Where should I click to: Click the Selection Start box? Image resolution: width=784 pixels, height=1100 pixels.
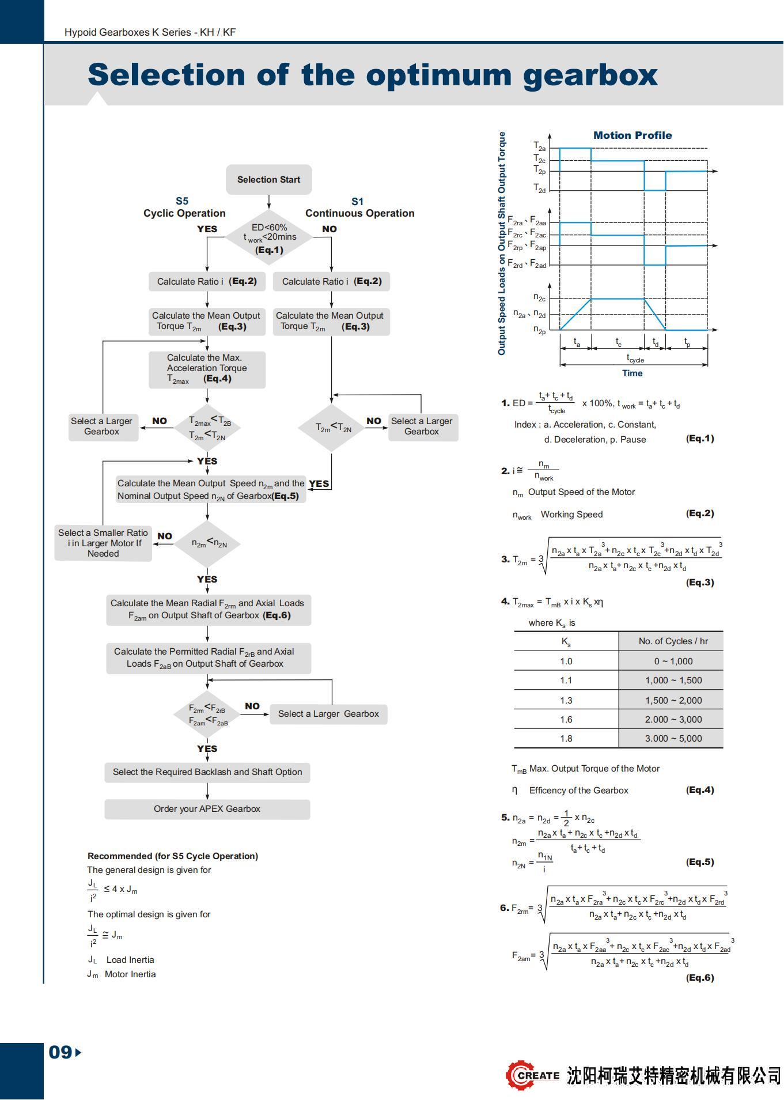[268, 180]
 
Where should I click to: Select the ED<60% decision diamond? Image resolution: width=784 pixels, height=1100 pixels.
[269, 237]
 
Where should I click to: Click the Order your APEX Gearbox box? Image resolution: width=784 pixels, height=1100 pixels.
[207, 809]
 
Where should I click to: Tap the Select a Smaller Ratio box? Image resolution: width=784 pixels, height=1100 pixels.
[103, 543]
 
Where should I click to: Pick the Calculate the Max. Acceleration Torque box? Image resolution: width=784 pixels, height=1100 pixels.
[207, 369]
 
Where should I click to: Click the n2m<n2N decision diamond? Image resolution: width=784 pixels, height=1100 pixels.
[207, 543]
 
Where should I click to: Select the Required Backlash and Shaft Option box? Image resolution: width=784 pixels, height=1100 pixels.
[207, 772]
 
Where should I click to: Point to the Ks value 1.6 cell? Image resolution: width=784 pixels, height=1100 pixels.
[566, 720]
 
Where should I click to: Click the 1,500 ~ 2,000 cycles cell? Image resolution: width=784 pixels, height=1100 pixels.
[673, 700]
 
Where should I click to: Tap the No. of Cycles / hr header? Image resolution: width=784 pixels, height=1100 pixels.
[673, 641]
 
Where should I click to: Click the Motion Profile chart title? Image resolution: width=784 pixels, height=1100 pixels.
[632, 135]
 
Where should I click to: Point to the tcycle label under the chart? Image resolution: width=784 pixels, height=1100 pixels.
[635, 358]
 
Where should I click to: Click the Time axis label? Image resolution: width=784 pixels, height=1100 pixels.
[632, 373]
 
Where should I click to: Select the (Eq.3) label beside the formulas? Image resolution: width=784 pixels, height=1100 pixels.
[699, 583]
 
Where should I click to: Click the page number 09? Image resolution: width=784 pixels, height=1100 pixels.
[60, 1052]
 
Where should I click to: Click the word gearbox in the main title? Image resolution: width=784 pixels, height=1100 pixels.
[590, 75]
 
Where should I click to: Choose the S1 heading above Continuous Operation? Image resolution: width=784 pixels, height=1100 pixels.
[357, 202]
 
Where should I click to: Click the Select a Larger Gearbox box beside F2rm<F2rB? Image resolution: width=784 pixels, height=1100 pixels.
[328, 714]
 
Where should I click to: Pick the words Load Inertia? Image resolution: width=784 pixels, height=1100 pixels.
[130, 960]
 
